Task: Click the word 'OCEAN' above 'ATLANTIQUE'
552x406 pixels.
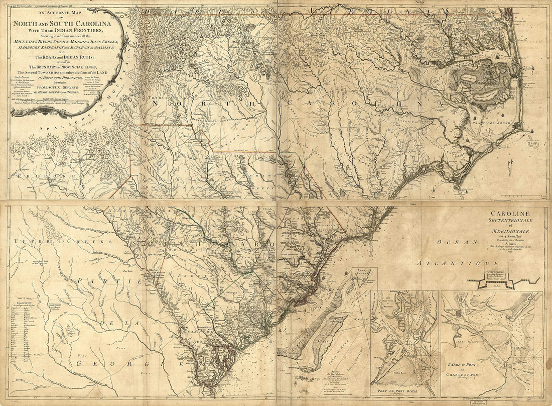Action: (x=450, y=242)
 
